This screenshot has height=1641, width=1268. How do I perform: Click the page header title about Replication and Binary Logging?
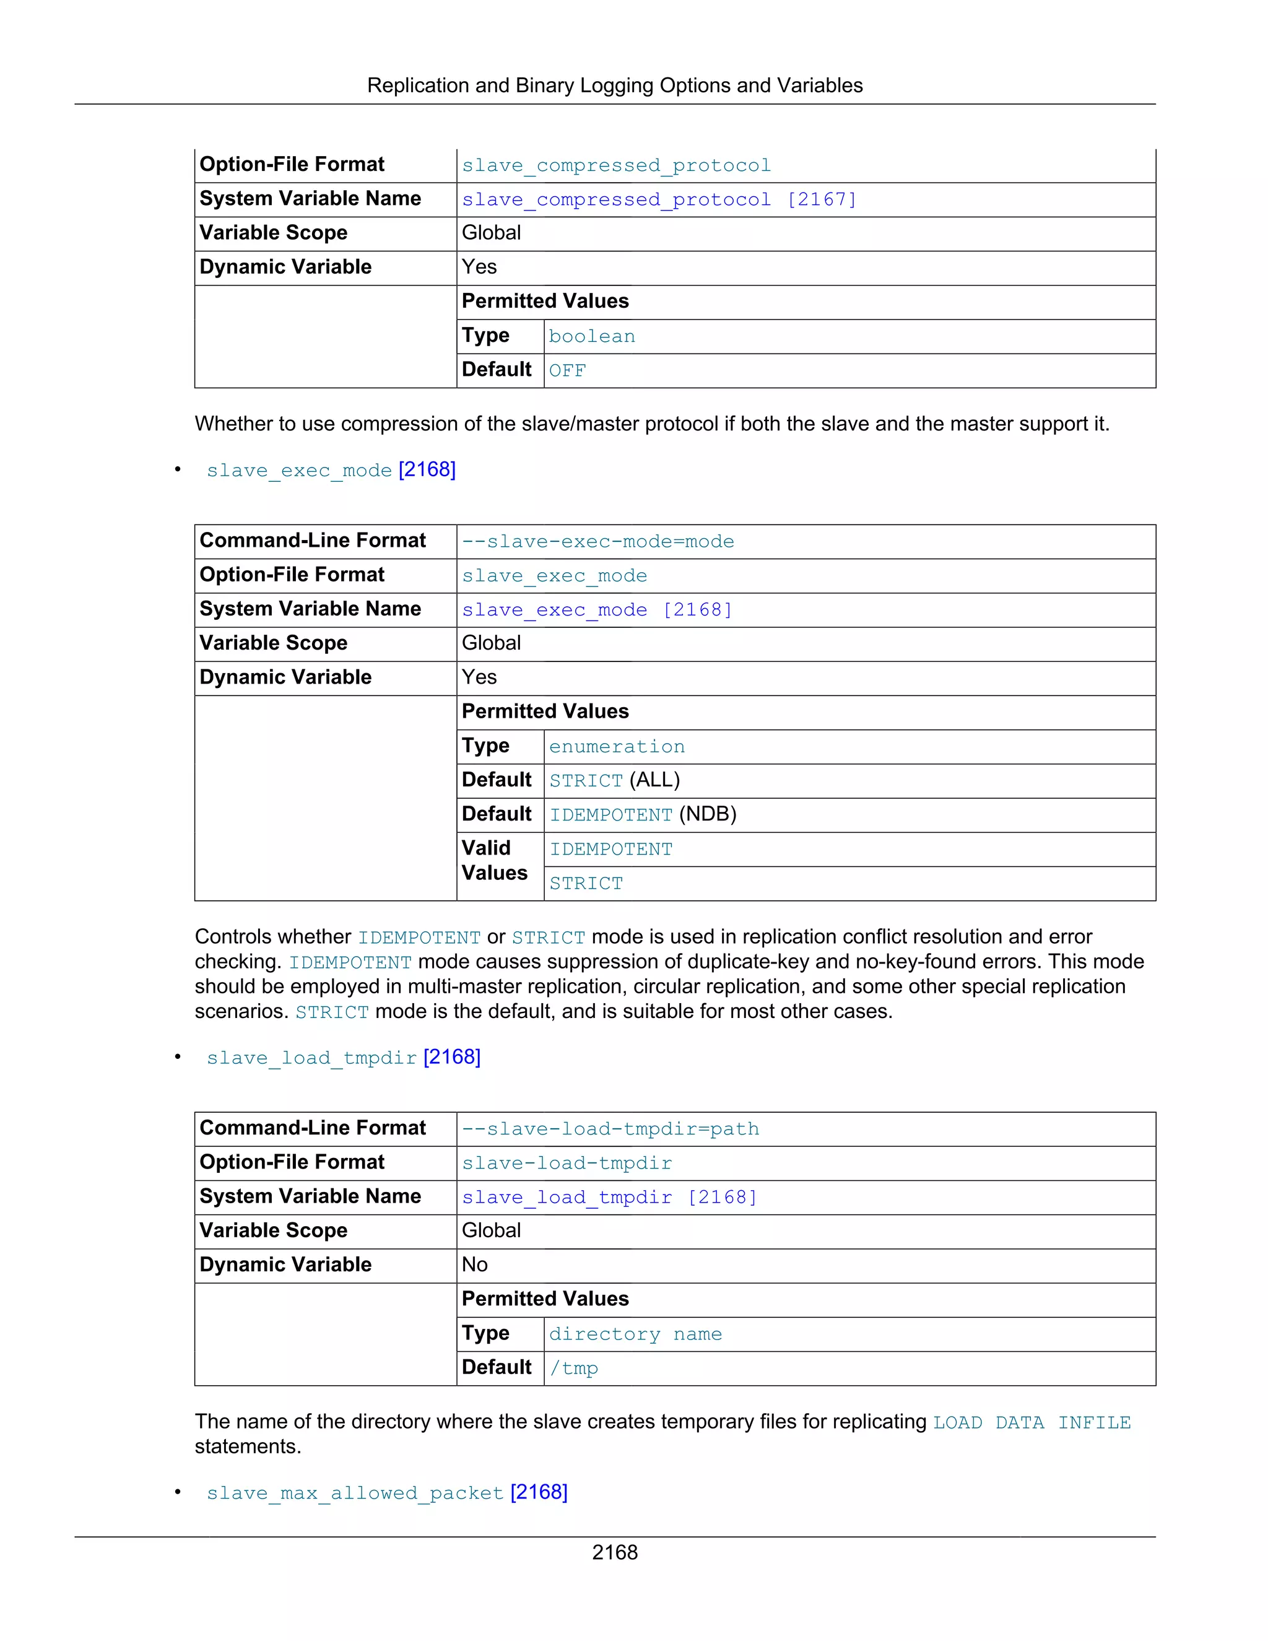tap(614, 85)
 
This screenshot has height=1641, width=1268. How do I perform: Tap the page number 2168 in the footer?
tap(614, 1552)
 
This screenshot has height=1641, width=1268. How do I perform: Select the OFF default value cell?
tap(567, 370)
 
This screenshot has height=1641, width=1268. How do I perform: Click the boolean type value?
tap(592, 337)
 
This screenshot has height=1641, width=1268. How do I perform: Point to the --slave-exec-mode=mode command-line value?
tap(598, 542)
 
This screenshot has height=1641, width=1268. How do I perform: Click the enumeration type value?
tap(617, 747)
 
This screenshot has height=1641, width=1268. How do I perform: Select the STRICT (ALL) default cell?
tap(614, 781)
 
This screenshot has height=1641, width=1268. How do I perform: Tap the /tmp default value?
tap(574, 1369)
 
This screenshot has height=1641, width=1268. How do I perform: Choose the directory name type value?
tap(635, 1334)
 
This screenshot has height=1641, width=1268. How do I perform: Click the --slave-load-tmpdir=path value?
tap(610, 1130)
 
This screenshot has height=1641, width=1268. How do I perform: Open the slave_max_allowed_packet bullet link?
tap(387, 1493)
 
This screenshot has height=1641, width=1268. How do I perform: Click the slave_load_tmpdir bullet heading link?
tap(343, 1058)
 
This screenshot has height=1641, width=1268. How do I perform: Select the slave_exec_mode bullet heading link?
tap(331, 471)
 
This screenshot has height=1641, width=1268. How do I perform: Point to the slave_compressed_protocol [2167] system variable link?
tap(659, 200)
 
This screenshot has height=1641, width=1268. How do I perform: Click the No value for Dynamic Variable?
tap(475, 1265)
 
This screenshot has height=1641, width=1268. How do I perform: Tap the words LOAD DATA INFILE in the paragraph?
tap(1031, 1423)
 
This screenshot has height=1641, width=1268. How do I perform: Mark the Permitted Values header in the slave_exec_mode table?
tap(545, 712)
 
